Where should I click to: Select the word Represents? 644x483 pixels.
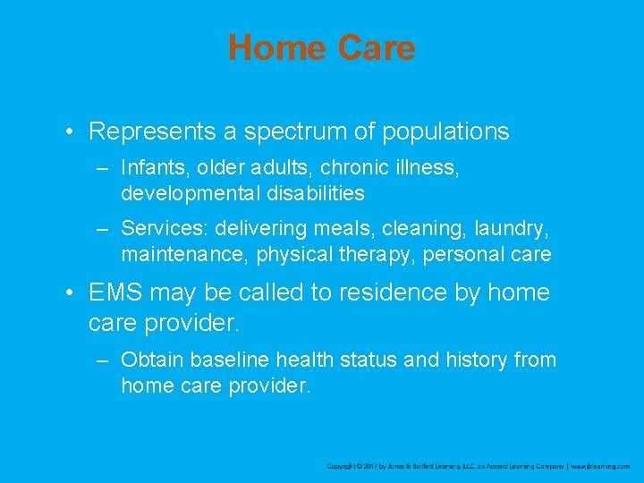click(x=151, y=132)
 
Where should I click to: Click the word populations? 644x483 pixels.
click(x=445, y=132)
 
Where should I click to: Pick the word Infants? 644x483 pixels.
click(x=149, y=168)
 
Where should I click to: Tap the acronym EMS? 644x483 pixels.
click(x=115, y=292)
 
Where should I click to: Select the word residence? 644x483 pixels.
click(x=405, y=292)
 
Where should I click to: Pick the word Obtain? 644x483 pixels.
click(x=149, y=360)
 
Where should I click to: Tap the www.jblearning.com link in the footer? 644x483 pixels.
click(x=601, y=466)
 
